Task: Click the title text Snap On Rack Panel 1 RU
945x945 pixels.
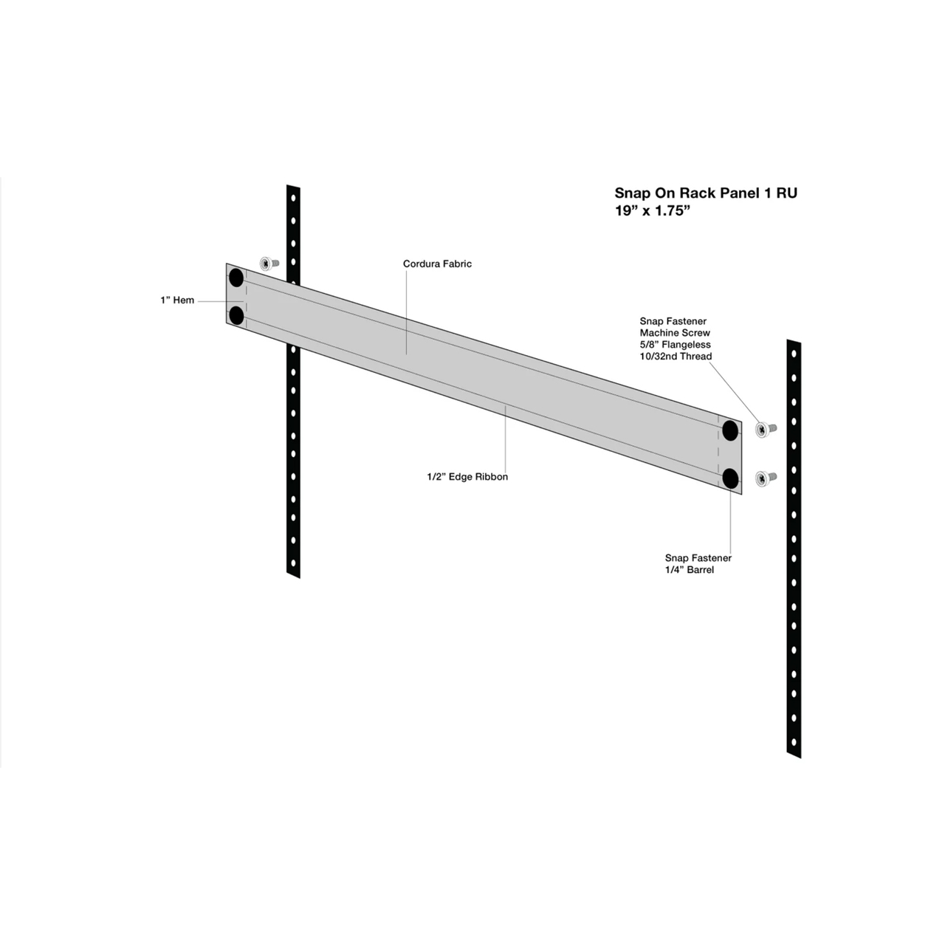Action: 706,193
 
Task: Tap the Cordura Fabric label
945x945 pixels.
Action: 437,264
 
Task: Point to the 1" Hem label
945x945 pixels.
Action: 177,300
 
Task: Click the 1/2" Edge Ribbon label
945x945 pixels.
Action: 467,477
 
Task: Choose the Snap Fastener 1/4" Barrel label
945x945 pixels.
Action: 698,564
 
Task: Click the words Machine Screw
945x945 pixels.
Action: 674,332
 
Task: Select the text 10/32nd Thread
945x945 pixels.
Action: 676,356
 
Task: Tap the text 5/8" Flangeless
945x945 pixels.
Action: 675,344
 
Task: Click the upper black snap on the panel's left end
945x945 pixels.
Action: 236,278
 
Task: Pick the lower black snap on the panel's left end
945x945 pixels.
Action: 236,316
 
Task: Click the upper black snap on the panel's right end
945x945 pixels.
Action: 730,430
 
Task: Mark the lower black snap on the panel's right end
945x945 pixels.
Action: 730,478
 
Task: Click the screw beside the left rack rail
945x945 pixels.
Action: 269,264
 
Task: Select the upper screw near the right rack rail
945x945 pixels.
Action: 766,429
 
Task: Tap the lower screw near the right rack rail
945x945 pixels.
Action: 766,477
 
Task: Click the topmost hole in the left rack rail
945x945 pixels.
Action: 293,199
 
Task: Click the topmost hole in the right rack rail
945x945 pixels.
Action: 794,354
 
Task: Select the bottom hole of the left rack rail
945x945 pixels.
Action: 293,563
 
